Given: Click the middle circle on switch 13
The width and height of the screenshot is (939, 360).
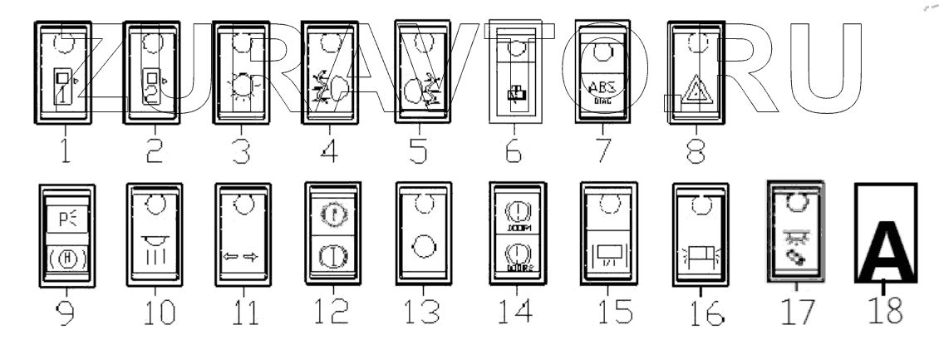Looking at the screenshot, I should click(422, 247).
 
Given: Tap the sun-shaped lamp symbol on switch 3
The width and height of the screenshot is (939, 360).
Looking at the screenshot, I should click(241, 86).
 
